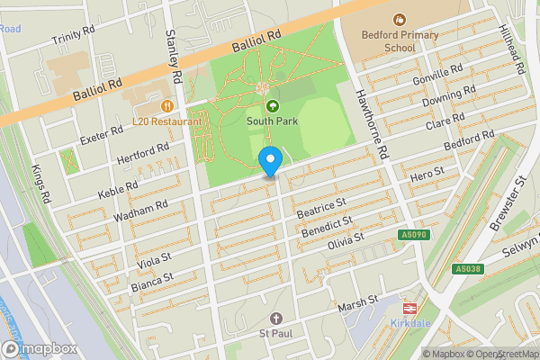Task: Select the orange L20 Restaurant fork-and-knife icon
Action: pyautogui.click(x=166, y=105)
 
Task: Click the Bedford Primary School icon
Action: pyautogui.click(x=399, y=18)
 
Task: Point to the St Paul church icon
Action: pyautogui.click(x=276, y=319)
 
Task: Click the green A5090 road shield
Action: pyautogui.click(x=412, y=234)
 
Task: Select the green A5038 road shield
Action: pyautogui.click(x=467, y=269)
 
